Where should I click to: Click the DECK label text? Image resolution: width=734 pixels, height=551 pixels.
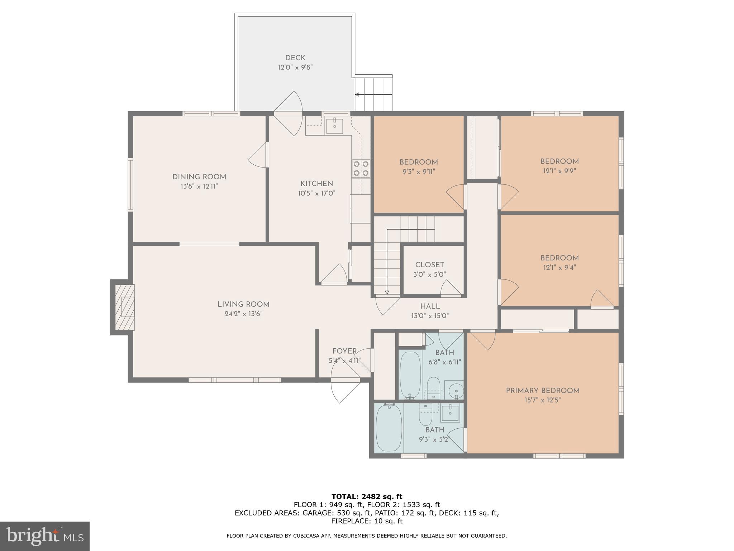(295, 58)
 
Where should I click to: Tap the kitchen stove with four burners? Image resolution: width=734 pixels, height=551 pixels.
(361, 169)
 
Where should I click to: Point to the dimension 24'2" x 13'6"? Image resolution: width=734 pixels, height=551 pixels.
(243, 314)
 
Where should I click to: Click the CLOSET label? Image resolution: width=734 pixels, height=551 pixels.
(429, 265)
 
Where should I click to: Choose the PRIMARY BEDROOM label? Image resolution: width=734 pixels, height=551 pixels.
(542, 391)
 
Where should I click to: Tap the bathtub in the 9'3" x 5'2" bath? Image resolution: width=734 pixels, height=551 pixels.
(389, 428)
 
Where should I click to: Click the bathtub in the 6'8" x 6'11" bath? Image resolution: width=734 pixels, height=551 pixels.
(410, 375)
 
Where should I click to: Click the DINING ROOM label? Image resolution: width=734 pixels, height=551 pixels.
(199, 177)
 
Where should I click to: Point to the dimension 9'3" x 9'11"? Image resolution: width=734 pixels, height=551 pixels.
(418, 172)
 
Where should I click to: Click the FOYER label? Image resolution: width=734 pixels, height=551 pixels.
(344, 351)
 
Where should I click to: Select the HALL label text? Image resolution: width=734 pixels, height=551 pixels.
(430, 306)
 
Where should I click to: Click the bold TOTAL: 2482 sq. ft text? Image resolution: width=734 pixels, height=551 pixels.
(367, 496)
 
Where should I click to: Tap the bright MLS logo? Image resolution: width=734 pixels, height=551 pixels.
(44, 536)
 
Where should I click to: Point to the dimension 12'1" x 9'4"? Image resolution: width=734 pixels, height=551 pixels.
(559, 268)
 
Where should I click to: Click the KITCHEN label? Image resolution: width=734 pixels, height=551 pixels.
(316, 184)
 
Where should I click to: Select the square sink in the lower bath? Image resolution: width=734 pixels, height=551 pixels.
(450, 413)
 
